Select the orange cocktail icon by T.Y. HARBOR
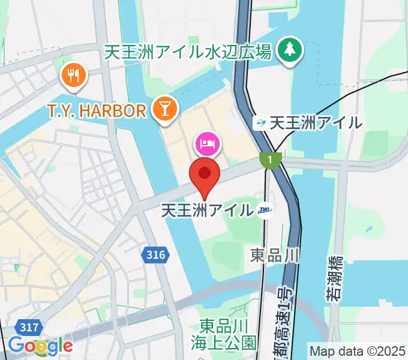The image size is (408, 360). coord(163,109)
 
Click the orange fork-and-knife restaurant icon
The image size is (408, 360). coord(74,75)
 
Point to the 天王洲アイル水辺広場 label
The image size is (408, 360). coord(187,52)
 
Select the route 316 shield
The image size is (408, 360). coord(155,256)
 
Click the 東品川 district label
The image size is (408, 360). coord(274,256)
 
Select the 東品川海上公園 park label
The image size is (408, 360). coord(227,334)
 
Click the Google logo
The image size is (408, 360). coord(40,346)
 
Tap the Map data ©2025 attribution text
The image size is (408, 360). coord(358,350)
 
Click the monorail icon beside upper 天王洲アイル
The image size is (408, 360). coord(260,123)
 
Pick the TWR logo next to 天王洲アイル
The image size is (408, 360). coord(265,210)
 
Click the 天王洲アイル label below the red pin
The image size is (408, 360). coord(207,210)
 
